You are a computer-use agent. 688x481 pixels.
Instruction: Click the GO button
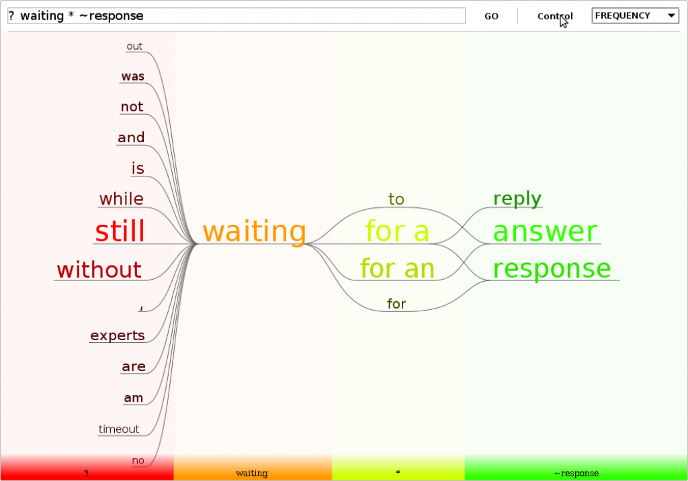coord(491,16)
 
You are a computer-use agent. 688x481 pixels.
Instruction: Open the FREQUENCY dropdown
coord(635,16)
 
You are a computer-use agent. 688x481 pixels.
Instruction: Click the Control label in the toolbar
coord(555,16)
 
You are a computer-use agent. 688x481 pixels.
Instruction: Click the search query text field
coord(236,16)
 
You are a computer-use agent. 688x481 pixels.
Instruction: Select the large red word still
coord(120,231)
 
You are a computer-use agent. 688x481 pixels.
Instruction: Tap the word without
coord(99,269)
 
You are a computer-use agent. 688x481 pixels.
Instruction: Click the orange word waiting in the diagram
coord(255,231)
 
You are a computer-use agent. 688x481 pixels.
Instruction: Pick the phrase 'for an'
coord(397,268)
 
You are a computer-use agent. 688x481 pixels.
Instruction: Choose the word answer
coord(545,231)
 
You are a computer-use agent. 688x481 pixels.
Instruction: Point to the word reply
coord(517,199)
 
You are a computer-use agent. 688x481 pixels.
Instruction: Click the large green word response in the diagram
coord(552,268)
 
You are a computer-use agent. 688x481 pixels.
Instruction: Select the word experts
coord(118,335)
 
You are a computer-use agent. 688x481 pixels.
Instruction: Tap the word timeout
coord(119,429)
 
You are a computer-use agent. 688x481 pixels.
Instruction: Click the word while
coord(122,199)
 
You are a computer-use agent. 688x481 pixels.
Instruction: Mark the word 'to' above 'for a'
coord(396,199)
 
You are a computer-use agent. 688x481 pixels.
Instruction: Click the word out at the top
coord(134,46)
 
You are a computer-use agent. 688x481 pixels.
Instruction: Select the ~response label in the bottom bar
coord(576,473)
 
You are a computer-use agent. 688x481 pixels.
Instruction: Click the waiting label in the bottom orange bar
coord(251,473)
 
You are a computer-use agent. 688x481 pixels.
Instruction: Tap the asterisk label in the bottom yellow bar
coord(398,473)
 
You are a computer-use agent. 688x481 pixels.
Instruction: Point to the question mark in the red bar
coord(87,473)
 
